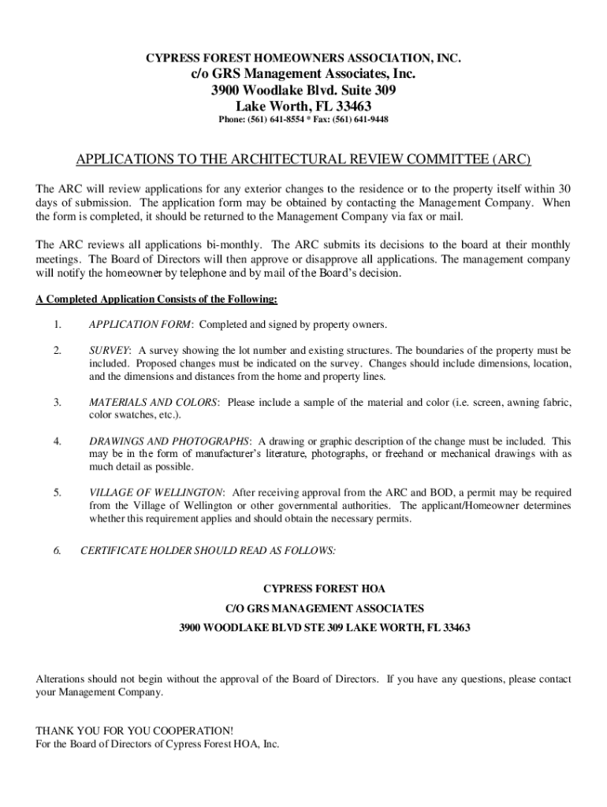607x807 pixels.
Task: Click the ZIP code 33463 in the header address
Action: (x=353, y=106)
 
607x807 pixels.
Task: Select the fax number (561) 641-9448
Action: (x=360, y=120)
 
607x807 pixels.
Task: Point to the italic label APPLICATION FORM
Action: (x=140, y=325)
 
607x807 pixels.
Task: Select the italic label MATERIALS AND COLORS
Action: (x=153, y=403)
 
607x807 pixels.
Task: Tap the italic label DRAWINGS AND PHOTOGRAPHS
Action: (x=169, y=441)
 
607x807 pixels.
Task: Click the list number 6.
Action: (x=58, y=551)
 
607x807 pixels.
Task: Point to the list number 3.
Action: (x=58, y=403)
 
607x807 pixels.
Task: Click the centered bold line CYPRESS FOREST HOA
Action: (x=324, y=589)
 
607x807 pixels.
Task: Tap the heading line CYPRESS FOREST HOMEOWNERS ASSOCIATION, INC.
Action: (x=303, y=59)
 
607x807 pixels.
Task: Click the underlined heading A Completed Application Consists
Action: (x=156, y=299)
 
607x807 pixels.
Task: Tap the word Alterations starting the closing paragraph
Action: (x=64, y=679)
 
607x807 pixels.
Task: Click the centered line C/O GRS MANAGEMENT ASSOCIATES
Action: (x=324, y=608)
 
